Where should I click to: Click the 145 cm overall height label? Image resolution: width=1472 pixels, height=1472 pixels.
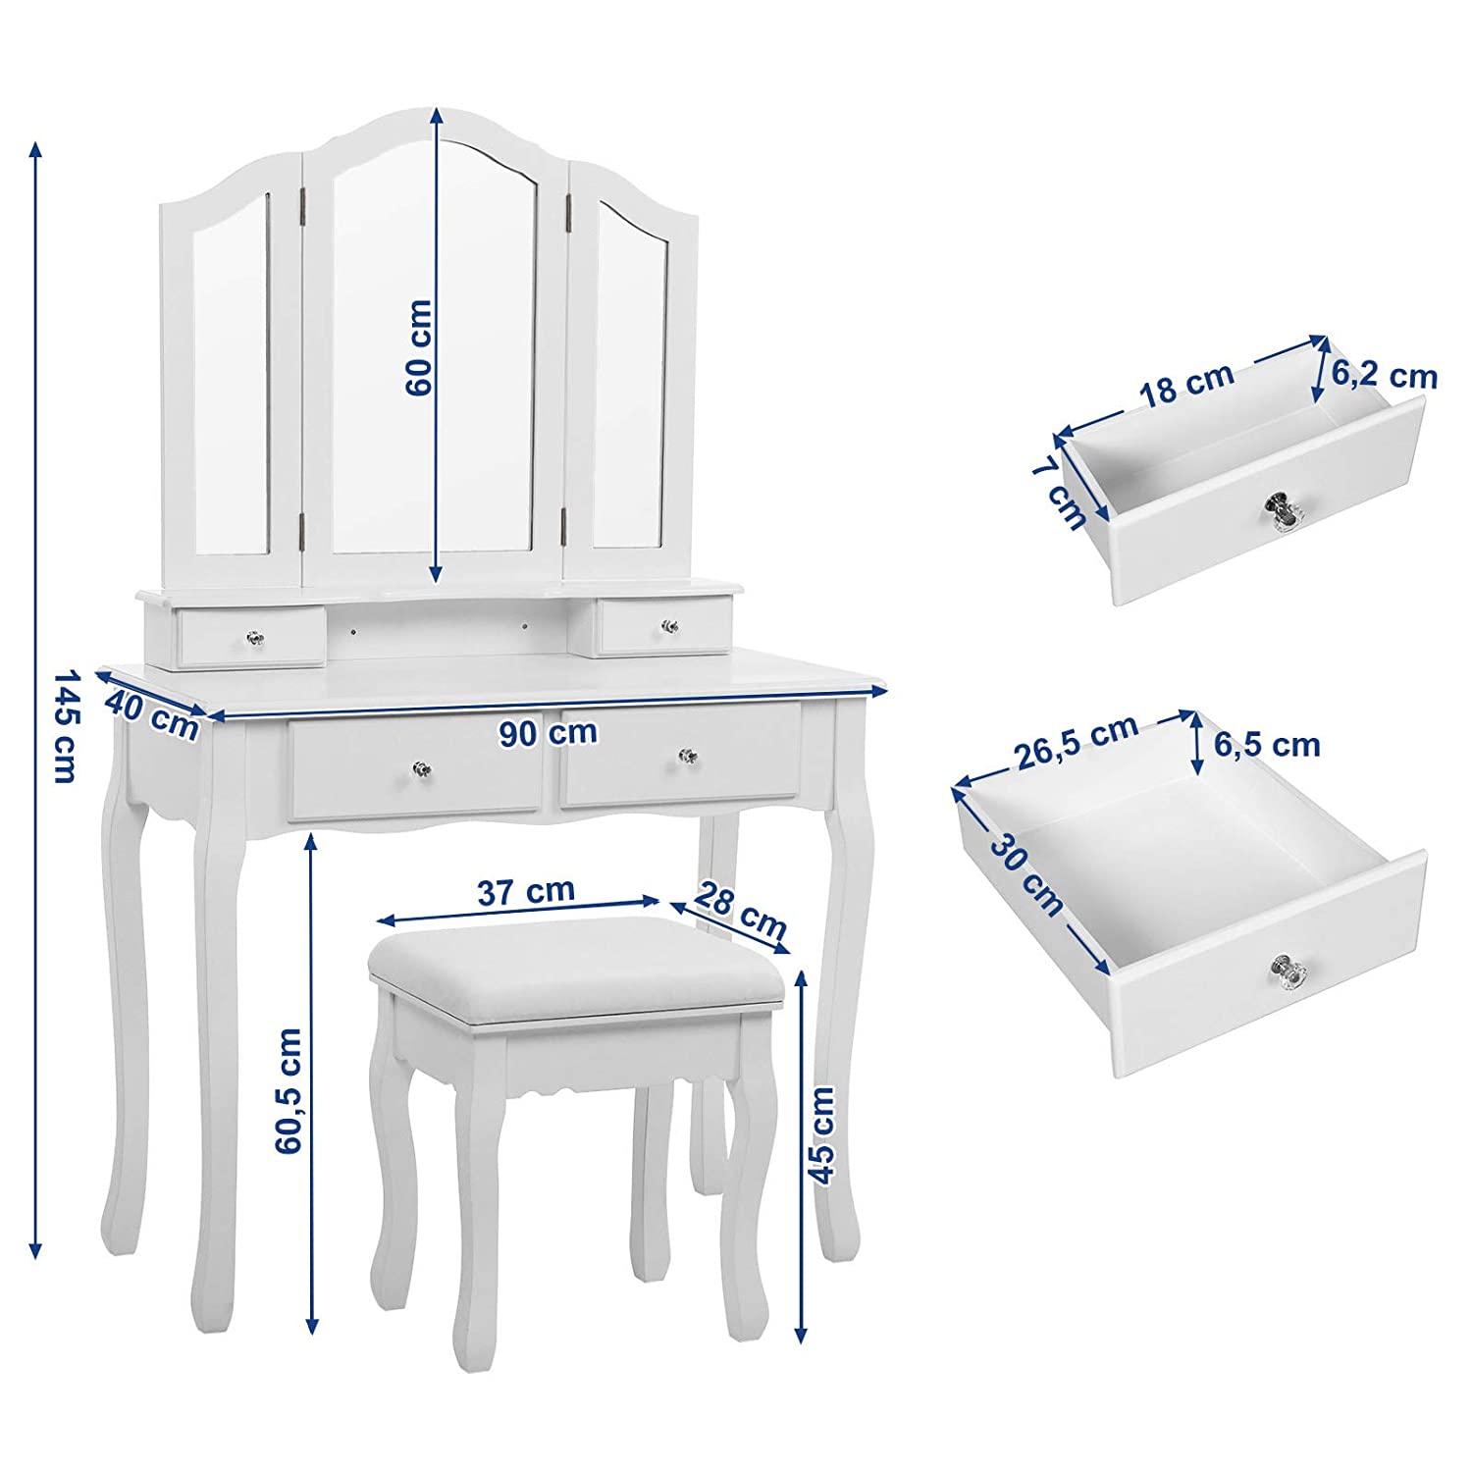click(64, 726)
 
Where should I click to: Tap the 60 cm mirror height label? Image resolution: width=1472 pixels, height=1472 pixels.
click(419, 347)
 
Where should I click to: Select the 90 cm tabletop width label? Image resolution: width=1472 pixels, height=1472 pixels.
click(548, 732)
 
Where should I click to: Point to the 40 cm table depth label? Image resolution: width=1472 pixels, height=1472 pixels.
click(152, 715)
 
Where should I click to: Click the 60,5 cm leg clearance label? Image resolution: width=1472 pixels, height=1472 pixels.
click(289, 1090)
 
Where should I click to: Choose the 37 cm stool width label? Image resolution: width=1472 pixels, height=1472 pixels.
click(526, 891)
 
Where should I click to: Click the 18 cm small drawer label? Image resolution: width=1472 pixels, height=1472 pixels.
click(1186, 384)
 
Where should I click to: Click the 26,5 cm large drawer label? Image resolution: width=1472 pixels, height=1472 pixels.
click(1077, 741)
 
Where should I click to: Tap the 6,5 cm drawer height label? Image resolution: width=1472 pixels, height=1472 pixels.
click(1267, 745)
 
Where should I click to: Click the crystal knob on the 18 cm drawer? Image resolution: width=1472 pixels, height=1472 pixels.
click(1282, 511)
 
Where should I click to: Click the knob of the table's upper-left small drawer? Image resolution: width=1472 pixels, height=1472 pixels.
click(255, 639)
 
